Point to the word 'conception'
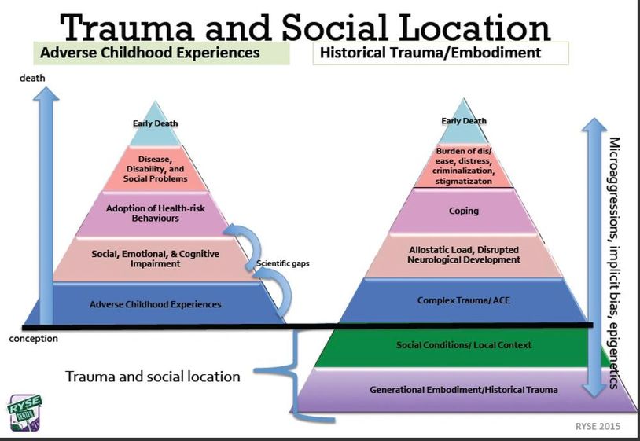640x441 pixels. click(34, 338)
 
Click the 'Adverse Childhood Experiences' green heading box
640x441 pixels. click(160, 53)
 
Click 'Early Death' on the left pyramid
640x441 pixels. click(155, 123)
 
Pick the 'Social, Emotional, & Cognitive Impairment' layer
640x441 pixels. click(156, 259)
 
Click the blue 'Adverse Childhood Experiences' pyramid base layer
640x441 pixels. click(155, 303)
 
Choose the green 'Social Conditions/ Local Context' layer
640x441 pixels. click(463, 345)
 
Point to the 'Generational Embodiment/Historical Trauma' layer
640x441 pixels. click(465, 390)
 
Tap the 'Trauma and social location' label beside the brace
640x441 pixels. click(153, 377)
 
